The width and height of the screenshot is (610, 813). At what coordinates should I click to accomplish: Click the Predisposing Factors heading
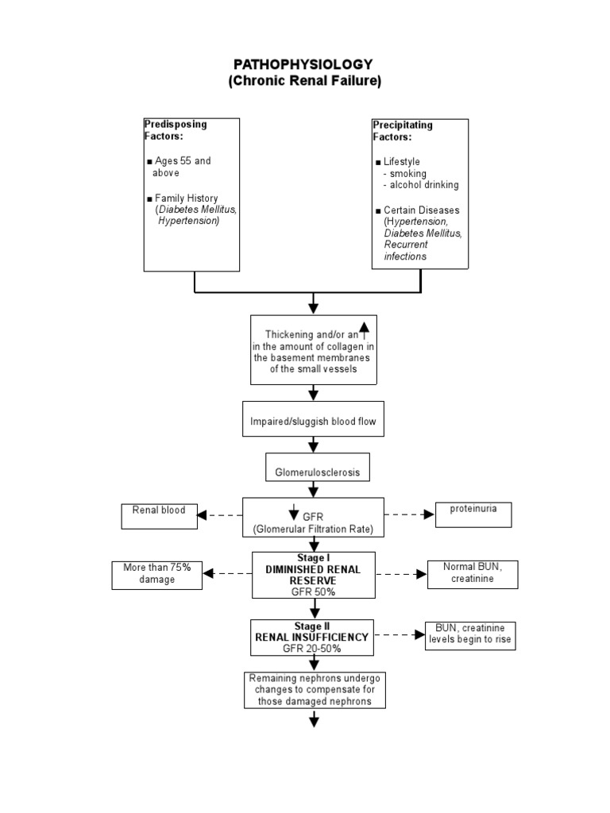click(x=175, y=129)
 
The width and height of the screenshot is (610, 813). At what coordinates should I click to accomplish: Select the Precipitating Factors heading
click(x=403, y=130)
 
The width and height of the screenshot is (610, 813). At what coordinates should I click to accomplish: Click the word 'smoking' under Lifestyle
click(x=407, y=173)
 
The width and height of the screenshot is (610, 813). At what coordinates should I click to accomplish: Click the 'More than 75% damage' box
click(x=156, y=573)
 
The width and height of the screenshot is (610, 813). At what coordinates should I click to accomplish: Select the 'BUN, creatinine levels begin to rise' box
click(x=469, y=634)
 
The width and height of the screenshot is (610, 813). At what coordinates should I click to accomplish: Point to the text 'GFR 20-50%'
click(x=312, y=648)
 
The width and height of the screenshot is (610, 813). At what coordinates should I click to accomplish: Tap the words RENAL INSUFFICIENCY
click(x=312, y=637)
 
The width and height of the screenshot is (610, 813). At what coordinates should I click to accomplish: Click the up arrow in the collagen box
click(x=365, y=330)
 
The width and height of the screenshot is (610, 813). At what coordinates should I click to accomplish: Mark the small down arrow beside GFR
click(x=293, y=512)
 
